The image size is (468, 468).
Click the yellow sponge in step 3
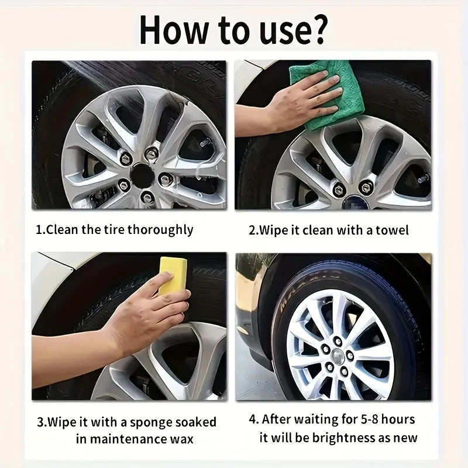(x=173, y=276)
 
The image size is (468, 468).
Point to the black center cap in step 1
(x=143, y=175)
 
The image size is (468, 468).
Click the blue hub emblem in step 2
(x=355, y=202)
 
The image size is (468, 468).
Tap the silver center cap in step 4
(x=338, y=356)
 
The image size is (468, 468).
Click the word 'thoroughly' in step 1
(x=160, y=230)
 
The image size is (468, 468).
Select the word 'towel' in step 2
(x=392, y=230)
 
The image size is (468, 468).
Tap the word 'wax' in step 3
(x=182, y=440)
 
